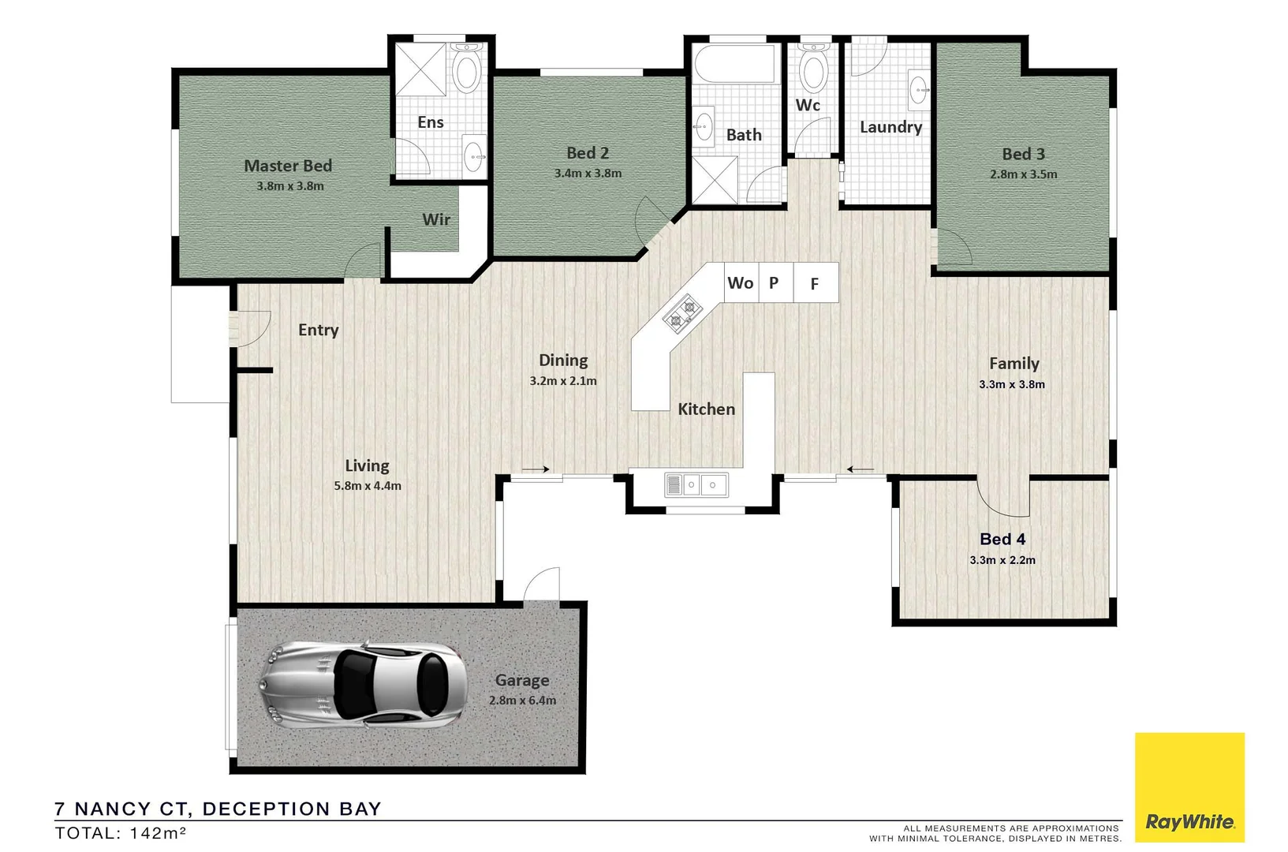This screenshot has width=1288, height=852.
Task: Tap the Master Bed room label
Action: [x=288, y=166]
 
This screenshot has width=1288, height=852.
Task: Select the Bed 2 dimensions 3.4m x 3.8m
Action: [x=588, y=174]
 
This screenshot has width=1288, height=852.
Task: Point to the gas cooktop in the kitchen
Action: [x=683, y=313]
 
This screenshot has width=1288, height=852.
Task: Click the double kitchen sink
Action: [x=696, y=484]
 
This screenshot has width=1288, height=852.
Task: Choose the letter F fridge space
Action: [x=815, y=284]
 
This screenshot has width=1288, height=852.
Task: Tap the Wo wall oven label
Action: [x=740, y=282]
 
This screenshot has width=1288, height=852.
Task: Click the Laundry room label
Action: [x=890, y=127]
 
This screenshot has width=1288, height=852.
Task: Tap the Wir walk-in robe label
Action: [x=436, y=219]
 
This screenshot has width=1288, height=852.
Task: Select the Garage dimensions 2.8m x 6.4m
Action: [x=522, y=701]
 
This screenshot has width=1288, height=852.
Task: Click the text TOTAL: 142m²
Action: [x=120, y=833]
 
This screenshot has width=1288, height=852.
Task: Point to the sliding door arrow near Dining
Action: [x=536, y=470]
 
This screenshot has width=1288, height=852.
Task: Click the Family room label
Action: [x=1014, y=364]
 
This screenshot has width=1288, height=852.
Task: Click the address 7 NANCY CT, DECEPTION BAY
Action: [x=218, y=809]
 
